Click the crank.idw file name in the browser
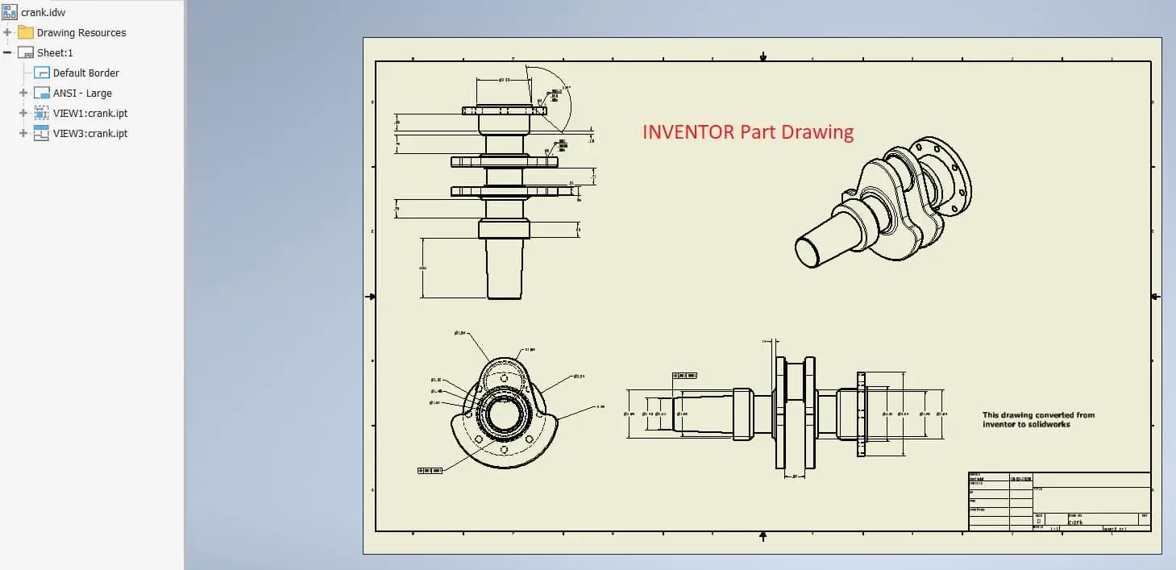click(x=43, y=12)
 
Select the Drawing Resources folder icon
click(x=26, y=32)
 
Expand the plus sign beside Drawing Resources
click(x=7, y=32)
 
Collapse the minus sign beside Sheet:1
click(x=7, y=52)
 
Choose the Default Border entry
click(x=85, y=73)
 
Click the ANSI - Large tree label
click(x=82, y=93)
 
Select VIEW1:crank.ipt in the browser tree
click(x=90, y=113)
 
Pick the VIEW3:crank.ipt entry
click(x=90, y=133)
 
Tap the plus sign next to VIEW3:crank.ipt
click(x=23, y=133)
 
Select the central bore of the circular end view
click(x=505, y=414)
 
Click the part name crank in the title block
click(x=1075, y=522)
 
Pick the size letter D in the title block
click(x=1038, y=522)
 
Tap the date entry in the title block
click(x=1020, y=478)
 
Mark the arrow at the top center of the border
click(x=763, y=56)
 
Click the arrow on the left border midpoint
click(x=371, y=297)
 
